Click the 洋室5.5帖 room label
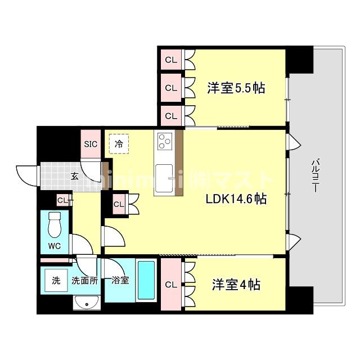click(236, 88)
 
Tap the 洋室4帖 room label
click(236, 285)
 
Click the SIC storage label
click(91, 144)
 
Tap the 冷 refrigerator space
click(119, 143)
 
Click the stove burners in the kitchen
click(165, 141)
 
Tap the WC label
click(54, 246)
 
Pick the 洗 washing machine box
click(56, 281)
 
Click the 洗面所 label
click(84, 281)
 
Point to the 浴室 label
click(119, 280)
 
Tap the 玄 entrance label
click(74, 175)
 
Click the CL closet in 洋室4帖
click(171, 285)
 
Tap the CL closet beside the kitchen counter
click(119, 204)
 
